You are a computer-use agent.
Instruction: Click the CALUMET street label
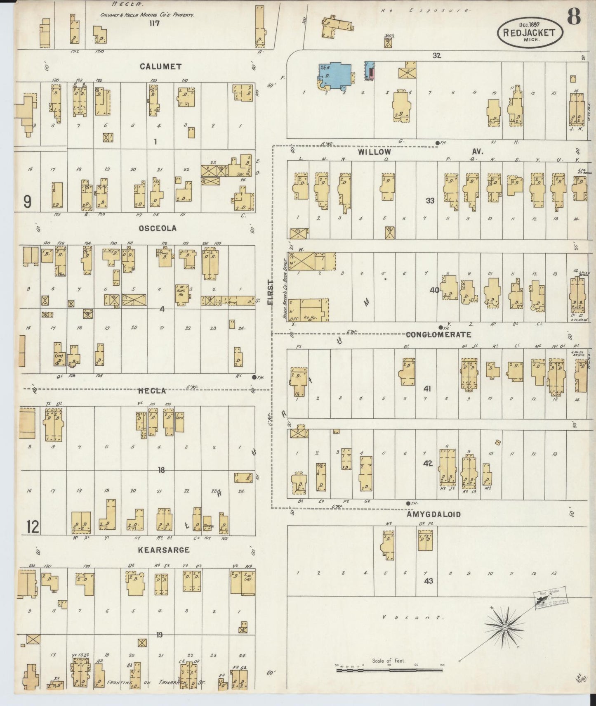click(x=160, y=66)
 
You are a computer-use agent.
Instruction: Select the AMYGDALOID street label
click(x=433, y=514)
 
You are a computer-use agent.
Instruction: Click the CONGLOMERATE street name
click(x=438, y=334)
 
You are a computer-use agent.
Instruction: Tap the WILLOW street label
click(x=374, y=152)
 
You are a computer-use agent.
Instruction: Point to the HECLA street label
click(x=152, y=391)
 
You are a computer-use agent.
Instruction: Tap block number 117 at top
click(x=155, y=24)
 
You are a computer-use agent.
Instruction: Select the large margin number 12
click(x=32, y=527)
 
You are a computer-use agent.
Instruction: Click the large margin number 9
click(x=27, y=201)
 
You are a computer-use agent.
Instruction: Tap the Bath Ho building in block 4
click(x=181, y=294)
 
